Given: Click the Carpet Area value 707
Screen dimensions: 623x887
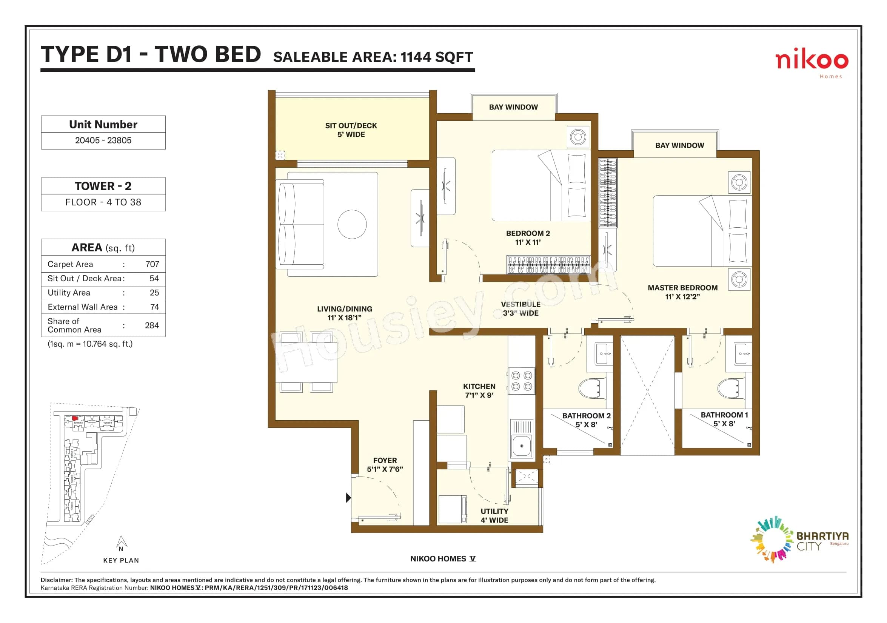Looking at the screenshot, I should [x=152, y=264].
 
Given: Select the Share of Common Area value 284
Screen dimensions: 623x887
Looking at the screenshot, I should [x=152, y=325].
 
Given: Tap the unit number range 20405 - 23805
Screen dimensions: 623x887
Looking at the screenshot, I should [x=103, y=140].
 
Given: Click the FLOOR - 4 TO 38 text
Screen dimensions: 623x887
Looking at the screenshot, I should [x=103, y=202].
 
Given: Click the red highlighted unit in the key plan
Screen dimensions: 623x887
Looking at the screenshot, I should [x=75, y=418].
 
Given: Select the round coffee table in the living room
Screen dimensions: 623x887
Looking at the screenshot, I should [x=352, y=224].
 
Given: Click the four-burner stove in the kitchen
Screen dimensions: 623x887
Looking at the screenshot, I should [x=522, y=381].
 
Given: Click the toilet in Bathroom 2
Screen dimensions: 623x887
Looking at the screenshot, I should [x=590, y=388].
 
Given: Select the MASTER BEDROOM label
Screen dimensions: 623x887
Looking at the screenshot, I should [x=682, y=288].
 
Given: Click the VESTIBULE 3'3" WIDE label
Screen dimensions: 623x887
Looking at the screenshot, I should [x=520, y=309].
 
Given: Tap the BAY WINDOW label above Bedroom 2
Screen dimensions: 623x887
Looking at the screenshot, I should [x=513, y=107].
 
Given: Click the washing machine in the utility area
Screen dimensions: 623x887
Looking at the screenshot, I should [x=453, y=509].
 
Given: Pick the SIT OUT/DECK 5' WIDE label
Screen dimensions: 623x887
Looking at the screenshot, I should [x=351, y=130].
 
